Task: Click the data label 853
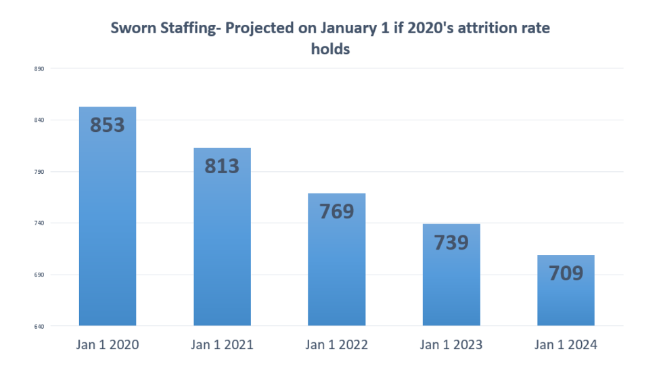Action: tap(108, 124)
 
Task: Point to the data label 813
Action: tap(222, 165)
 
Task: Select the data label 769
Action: tap(336, 211)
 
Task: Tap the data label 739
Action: tap(451, 242)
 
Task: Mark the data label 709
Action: tap(566, 273)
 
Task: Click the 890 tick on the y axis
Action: tap(38, 68)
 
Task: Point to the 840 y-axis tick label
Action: tap(38, 120)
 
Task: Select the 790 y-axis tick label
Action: tap(38, 172)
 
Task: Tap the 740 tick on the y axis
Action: tap(38, 223)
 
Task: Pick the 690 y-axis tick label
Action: tap(38, 275)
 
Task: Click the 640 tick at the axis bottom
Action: tap(38, 326)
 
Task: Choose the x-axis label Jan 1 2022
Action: tap(336, 345)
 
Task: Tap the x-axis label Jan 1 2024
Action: tap(566, 345)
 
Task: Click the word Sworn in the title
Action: tap(132, 28)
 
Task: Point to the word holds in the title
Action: tap(330, 49)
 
